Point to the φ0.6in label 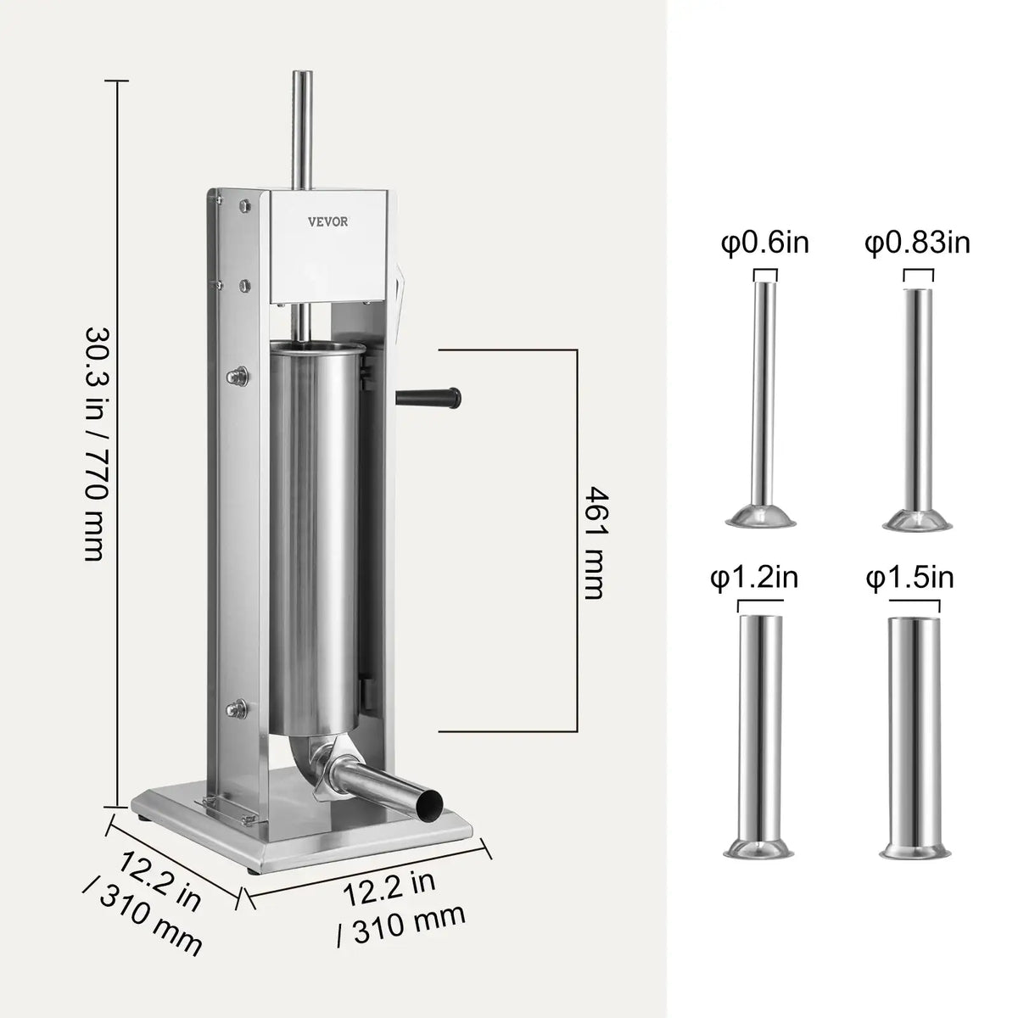pyautogui.click(x=765, y=243)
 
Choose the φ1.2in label pyautogui.click(x=754, y=578)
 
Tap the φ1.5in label pyautogui.click(x=910, y=578)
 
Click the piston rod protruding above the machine pyautogui.click(x=300, y=127)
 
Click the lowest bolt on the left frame pyautogui.click(x=240, y=707)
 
